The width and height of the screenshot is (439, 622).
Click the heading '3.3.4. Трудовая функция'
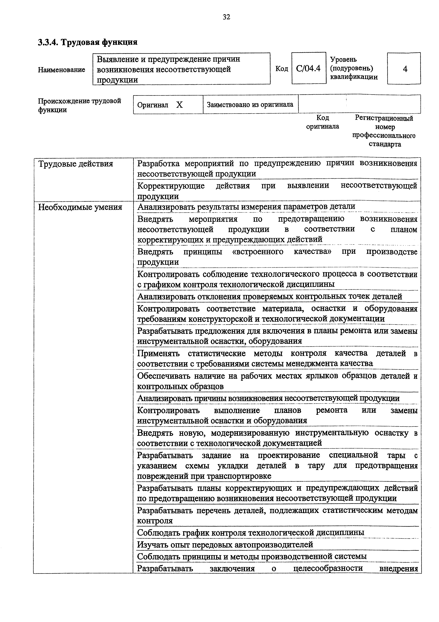point(88,42)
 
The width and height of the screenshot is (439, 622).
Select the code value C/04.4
point(308,69)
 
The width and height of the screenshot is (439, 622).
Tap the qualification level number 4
point(405,69)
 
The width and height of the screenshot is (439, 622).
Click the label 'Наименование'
point(61,70)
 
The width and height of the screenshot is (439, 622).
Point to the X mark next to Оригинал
point(179,105)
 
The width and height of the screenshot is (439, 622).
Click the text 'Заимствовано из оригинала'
point(250,105)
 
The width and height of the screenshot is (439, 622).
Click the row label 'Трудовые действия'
point(76,164)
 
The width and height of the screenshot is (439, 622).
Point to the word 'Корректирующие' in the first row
point(171,186)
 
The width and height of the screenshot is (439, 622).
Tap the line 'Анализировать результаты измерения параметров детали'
point(246,207)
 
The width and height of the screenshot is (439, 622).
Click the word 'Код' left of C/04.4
point(282,69)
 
